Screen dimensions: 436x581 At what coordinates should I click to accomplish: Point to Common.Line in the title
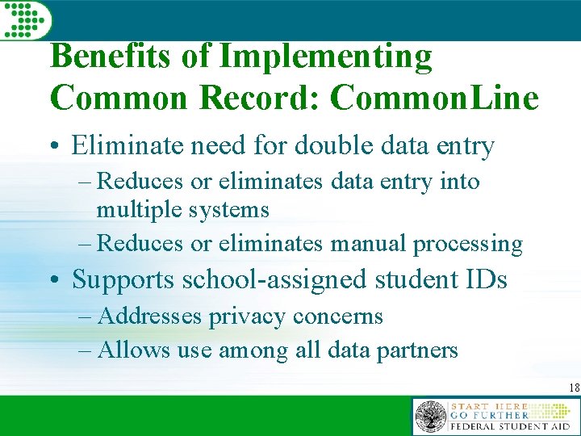(434, 98)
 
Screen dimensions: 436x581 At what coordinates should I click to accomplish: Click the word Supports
(124, 280)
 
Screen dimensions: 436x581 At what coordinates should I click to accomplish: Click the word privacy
(247, 317)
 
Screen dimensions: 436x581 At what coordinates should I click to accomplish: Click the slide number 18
(573, 388)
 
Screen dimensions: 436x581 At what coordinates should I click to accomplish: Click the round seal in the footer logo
(430, 417)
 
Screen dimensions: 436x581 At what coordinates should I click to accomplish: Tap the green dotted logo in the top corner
(25, 19)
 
